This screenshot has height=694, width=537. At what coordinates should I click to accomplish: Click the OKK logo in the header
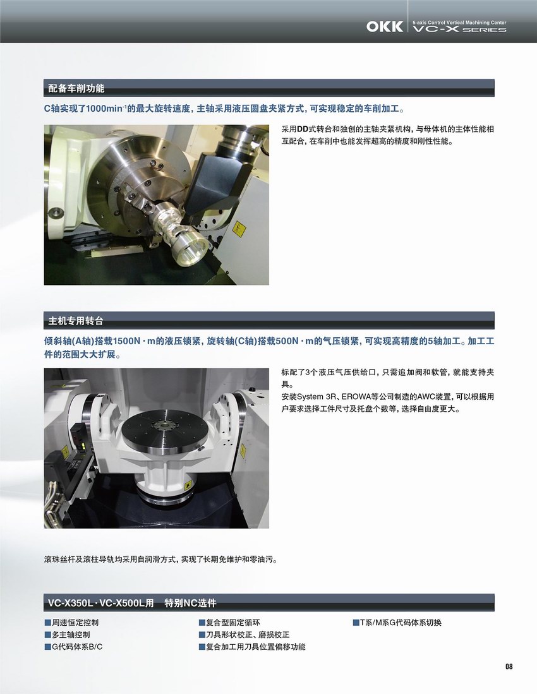[384, 27]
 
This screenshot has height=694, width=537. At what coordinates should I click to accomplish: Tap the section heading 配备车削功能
[76, 88]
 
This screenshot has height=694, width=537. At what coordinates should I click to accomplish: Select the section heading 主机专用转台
[76, 321]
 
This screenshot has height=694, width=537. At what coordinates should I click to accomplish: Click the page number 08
[509, 666]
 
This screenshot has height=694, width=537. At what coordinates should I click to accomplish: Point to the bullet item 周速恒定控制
[72, 622]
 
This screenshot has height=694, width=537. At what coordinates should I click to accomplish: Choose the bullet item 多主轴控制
[68, 634]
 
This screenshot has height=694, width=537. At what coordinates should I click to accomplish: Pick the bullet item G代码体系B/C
[73, 647]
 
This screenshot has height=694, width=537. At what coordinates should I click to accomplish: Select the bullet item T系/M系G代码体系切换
[397, 622]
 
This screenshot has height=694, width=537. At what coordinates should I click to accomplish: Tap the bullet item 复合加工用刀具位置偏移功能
[252, 647]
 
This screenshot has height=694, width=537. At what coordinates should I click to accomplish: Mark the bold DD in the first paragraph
[303, 129]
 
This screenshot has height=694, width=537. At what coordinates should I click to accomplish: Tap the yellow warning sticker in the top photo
[239, 229]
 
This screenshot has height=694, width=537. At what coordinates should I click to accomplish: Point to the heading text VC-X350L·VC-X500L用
[101, 603]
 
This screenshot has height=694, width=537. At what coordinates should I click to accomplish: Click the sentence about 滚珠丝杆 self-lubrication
[161, 559]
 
